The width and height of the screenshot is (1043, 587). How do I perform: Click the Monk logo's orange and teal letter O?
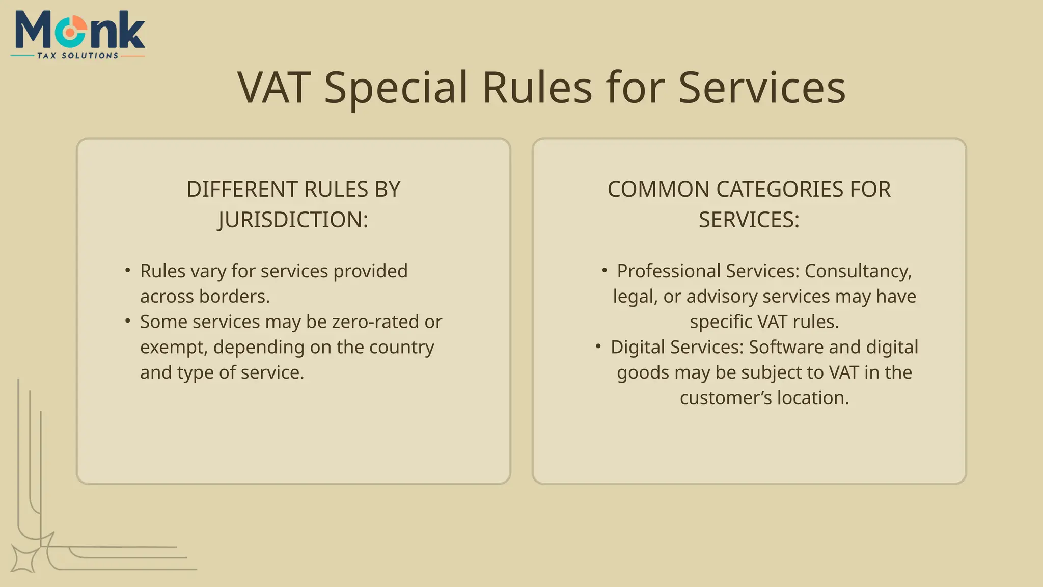(72, 32)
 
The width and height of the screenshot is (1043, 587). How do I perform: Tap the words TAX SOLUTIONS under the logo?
(77, 56)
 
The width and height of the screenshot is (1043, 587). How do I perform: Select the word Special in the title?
(396, 88)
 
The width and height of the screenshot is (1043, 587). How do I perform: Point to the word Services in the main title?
(762, 88)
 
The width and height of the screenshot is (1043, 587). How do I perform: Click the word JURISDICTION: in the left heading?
(293, 220)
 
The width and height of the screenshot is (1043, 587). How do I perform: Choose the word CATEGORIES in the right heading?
(779, 190)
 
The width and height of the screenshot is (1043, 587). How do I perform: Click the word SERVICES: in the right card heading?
(749, 220)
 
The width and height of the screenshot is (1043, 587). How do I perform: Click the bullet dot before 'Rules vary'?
(128, 270)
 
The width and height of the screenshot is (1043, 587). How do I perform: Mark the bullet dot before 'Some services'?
(128, 321)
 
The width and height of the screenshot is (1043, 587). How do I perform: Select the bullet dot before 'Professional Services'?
(605, 270)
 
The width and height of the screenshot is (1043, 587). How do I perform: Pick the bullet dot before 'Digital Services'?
(598, 346)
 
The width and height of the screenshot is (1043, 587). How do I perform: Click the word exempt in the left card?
(173, 348)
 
